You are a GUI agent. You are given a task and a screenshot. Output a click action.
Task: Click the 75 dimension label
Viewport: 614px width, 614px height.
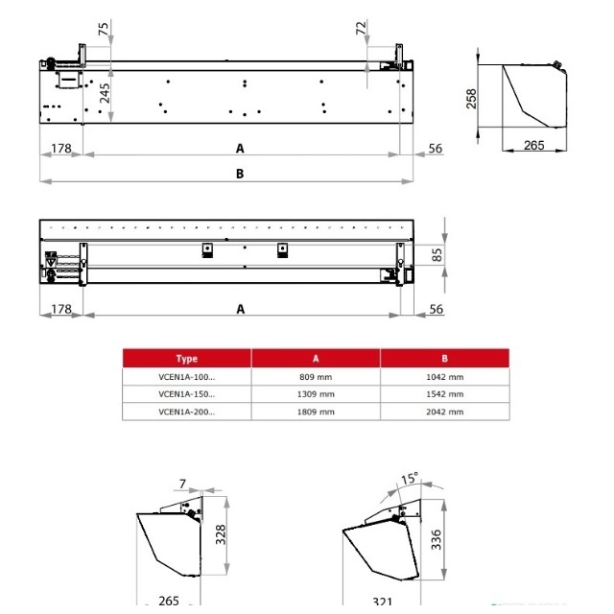click(104, 29)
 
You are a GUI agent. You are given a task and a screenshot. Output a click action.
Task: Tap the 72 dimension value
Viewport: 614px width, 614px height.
click(361, 28)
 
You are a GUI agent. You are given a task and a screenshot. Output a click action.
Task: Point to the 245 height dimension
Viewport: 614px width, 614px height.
click(105, 93)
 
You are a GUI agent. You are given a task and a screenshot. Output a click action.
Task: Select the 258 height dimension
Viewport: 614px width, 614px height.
click(471, 98)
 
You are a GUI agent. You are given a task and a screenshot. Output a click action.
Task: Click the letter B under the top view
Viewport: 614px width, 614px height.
click(240, 174)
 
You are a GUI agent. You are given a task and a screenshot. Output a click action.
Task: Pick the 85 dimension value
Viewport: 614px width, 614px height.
click(437, 255)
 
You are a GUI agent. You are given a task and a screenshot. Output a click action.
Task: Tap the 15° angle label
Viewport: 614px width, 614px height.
click(410, 478)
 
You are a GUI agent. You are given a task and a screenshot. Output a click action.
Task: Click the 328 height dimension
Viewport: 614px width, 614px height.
click(221, 534)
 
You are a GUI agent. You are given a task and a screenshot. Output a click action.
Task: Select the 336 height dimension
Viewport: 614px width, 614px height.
click(436, 539)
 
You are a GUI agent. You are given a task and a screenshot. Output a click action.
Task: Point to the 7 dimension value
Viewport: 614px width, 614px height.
click(182, 484)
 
